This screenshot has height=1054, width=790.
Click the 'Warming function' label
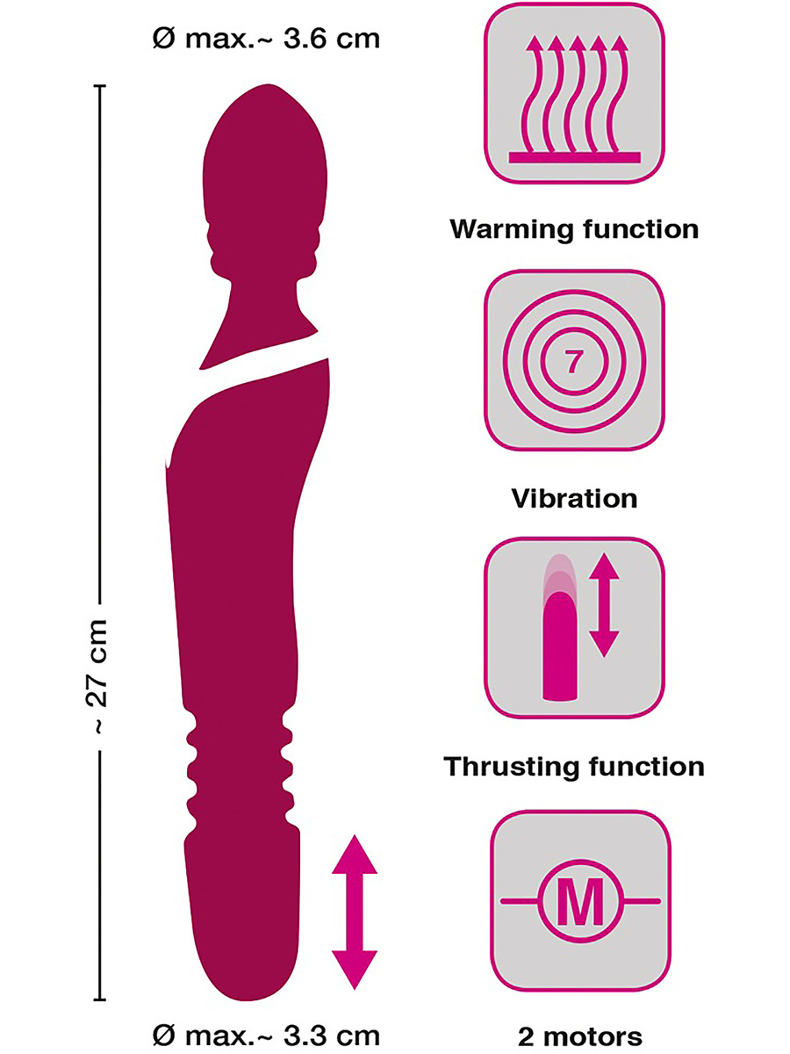tap(574, 230)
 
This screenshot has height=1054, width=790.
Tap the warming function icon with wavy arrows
tap(575, 93)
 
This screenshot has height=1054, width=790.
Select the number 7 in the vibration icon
tap(573, 362)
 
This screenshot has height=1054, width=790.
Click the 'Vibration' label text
tap(574, 499)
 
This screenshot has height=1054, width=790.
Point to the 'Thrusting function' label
tap(574, 767)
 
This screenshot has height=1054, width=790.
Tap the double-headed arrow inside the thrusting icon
tap(604, 606)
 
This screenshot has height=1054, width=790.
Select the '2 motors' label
tap(574, 1036)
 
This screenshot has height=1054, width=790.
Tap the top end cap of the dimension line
tap(99, 86)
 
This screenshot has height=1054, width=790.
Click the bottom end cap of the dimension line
tap(99, 1000)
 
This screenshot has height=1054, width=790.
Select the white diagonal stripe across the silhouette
tap(263, 374)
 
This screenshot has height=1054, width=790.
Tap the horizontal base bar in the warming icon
tap(576, 156)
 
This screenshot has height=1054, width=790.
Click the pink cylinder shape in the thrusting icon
tap(559, 646)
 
